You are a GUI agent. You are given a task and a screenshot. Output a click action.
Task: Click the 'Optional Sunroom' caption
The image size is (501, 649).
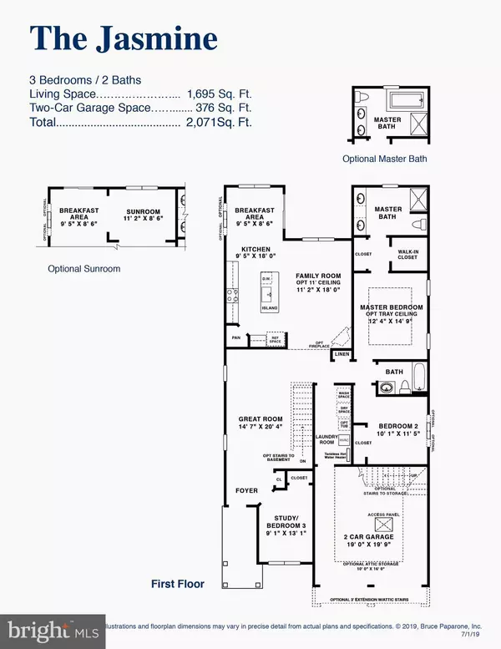tap(83, 269)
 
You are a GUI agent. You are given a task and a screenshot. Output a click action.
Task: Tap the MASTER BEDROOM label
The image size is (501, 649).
tap(391, 307)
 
